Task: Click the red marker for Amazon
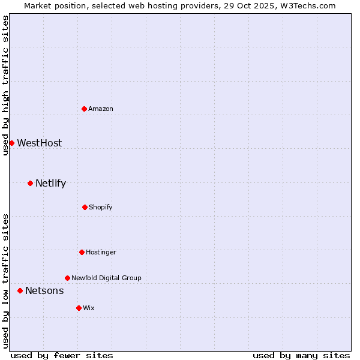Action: click(85, 109)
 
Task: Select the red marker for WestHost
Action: click(11, 143)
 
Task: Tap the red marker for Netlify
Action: click(30, 183)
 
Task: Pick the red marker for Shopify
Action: click(85, 207)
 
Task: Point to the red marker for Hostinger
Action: click(82, 252)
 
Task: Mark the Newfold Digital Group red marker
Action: click(67, 278)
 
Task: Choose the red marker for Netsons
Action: click(20, 290)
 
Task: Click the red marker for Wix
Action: click(79, 308)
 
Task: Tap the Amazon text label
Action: click(101, 109)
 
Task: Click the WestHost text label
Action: click(39, 143)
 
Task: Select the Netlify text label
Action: click(50, 183)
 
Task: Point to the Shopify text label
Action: click(101, 207)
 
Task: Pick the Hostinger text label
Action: click(101, 252)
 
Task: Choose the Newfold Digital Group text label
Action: click(106, 278)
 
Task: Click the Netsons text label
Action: click(44, 290)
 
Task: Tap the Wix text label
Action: click(89, 308)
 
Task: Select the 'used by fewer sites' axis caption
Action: click(62, 355)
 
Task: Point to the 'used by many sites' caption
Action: click(301, 355)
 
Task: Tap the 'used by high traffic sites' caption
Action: click(5, 85)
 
